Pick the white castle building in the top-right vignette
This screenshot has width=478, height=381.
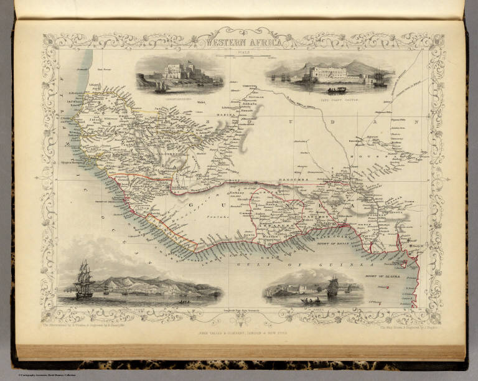click(330, 75)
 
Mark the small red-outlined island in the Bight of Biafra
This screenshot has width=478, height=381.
click(403, 263)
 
